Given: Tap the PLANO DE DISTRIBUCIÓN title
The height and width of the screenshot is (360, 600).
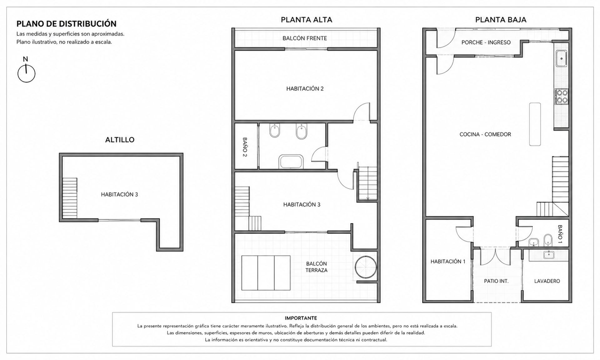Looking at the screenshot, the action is coord(66,24).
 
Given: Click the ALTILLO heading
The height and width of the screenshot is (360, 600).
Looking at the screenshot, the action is coord(120,140).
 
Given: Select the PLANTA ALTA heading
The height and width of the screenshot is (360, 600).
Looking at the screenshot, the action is coord(306,20).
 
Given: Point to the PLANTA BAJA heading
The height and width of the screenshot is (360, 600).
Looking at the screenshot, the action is coord(501,20).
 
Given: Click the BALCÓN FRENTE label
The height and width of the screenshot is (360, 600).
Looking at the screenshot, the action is coord(305,38).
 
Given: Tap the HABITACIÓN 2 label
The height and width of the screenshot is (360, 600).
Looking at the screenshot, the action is coord(305,89).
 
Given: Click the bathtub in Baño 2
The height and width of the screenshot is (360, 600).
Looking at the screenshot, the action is coord(291,161).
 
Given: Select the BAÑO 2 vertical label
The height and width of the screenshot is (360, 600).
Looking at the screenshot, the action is coord(245,147).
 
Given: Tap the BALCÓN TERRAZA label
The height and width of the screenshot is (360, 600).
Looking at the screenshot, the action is coord(316,267).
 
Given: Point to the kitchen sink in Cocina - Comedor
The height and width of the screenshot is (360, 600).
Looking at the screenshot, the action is coord(561,58).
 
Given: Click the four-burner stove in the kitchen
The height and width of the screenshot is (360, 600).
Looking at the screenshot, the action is coord(561,97).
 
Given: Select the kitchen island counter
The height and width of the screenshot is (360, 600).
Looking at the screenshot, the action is coord(535,124).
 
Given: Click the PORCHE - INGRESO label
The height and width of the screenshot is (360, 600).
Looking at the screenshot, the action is coord(486,42).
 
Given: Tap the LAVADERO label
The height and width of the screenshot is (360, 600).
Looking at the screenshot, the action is coord(547,281).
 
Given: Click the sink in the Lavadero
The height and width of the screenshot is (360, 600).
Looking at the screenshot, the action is coord(548,255).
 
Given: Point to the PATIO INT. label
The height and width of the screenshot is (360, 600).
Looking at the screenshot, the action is coord(496,281).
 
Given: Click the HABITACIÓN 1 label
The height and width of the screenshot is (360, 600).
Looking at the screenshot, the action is coord(448,262).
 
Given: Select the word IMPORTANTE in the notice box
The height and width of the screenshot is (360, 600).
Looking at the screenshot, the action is coord(301,318).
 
